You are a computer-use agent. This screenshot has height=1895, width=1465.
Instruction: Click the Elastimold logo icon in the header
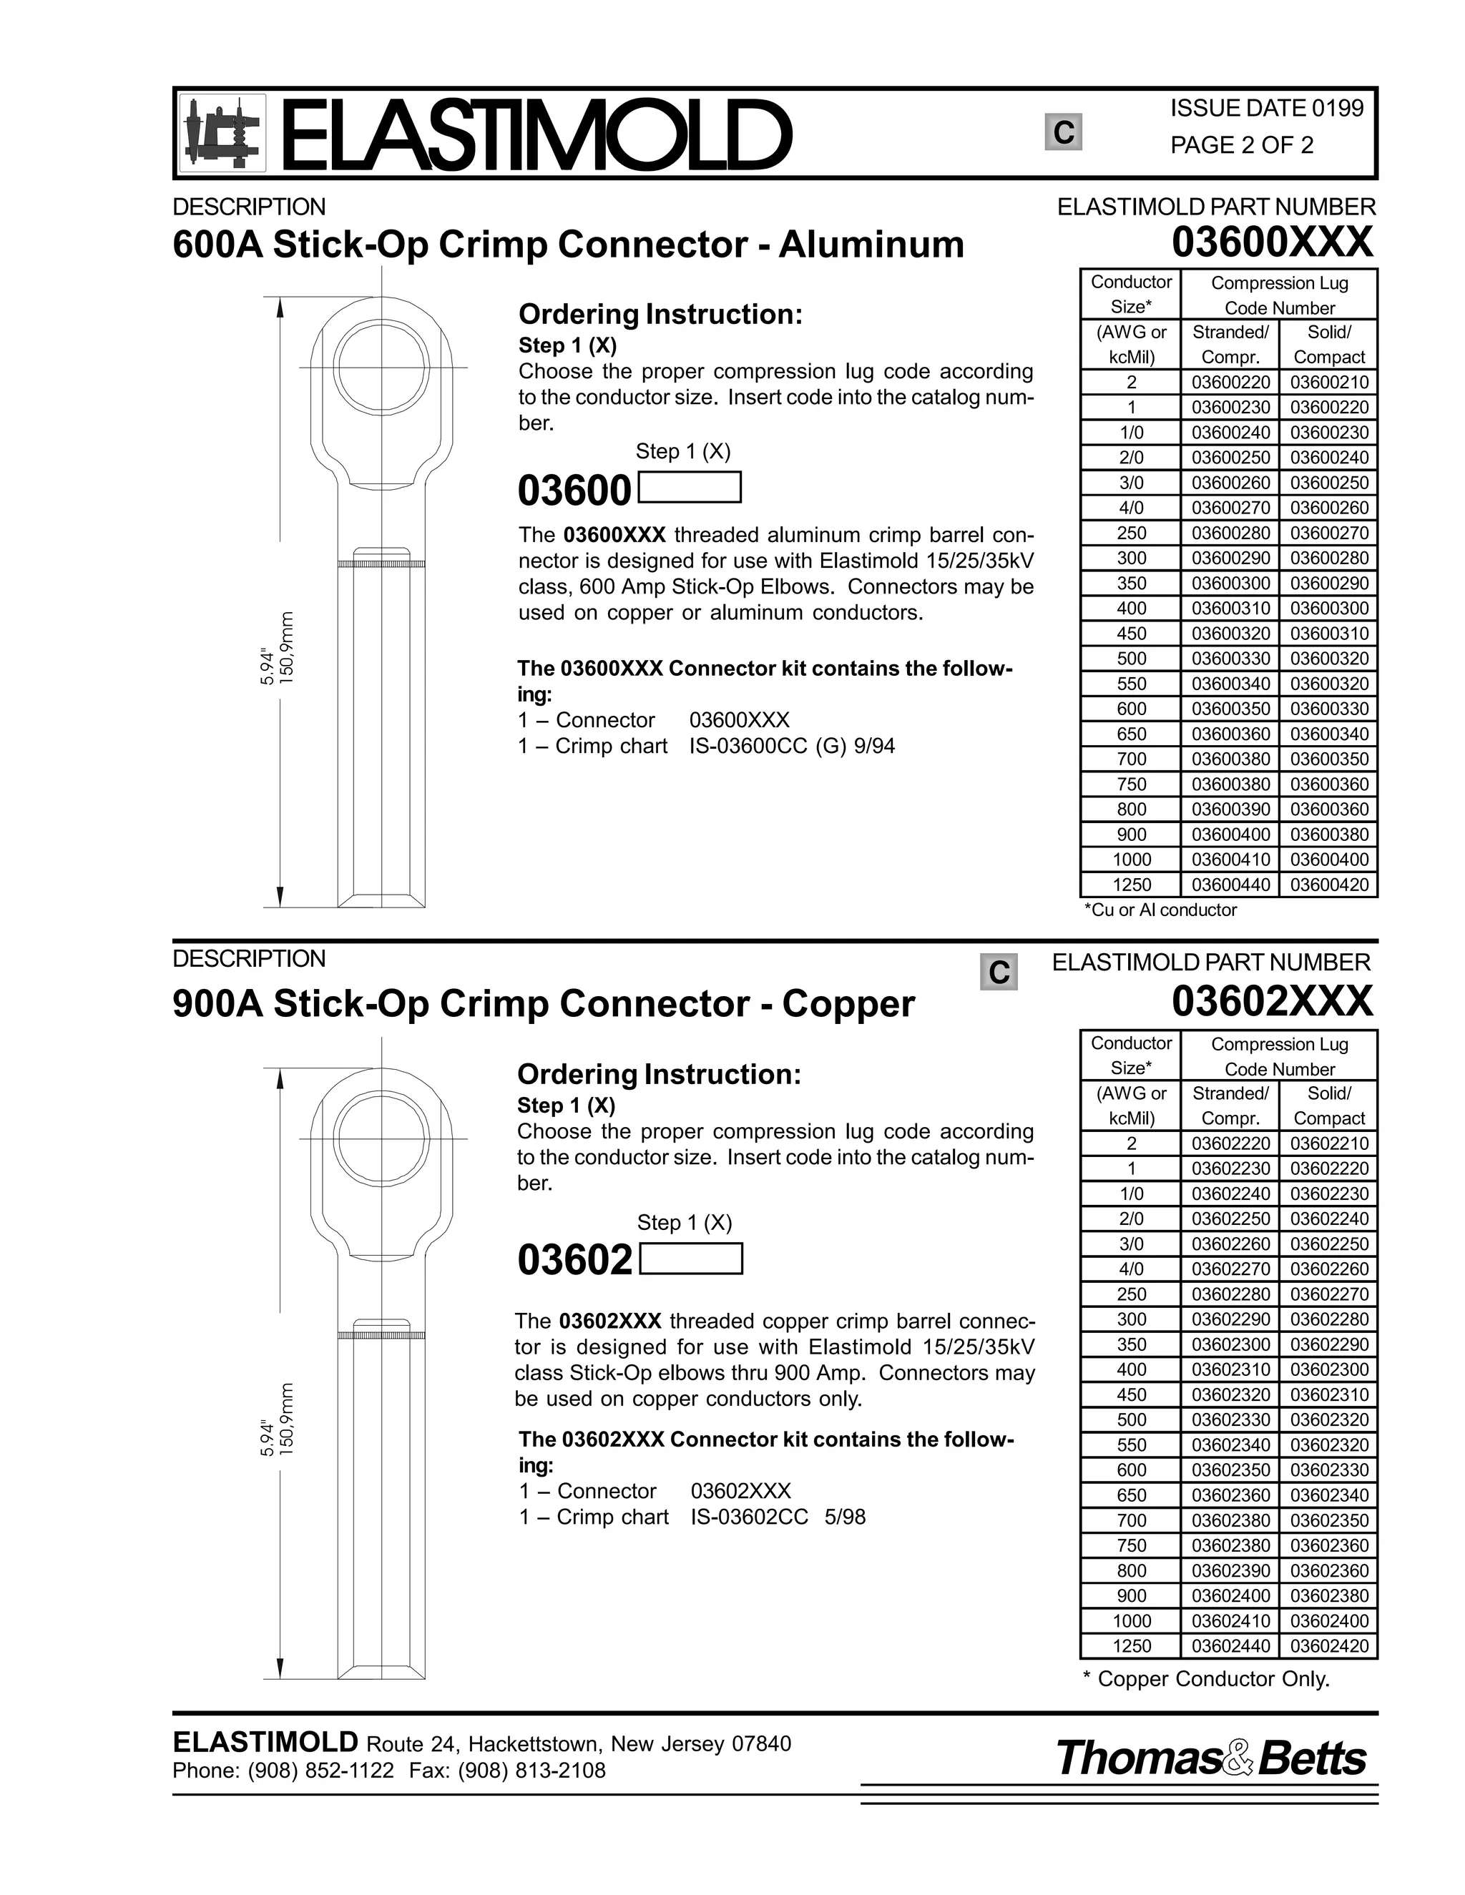(x=222, y=133)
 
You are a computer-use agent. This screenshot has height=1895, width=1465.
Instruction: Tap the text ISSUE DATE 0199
(x=1266, y=109)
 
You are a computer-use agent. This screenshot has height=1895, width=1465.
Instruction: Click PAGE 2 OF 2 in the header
(x=1241, y=145)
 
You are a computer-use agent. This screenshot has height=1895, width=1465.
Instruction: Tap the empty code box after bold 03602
(x=690, y=1259)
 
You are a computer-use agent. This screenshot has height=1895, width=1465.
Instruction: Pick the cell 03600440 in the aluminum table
(x=1230, y=885)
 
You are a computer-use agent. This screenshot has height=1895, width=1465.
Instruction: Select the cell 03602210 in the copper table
(x=1329, y=1143)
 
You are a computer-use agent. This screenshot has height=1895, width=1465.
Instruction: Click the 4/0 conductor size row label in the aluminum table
(x=1131, y=508)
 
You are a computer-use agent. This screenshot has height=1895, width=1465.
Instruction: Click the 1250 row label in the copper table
(x=1131, y=1646)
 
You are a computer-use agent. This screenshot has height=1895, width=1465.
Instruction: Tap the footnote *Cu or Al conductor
(x=1160, y=910)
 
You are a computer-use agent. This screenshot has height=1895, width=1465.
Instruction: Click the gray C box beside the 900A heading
(x=998, y=972)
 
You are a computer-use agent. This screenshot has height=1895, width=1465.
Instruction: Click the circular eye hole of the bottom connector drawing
(x=382, y=1138)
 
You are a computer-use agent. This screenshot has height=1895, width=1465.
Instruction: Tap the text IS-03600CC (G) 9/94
(x=792, y=746)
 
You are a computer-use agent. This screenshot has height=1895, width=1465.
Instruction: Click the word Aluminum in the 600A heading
(x=871, y=245)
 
